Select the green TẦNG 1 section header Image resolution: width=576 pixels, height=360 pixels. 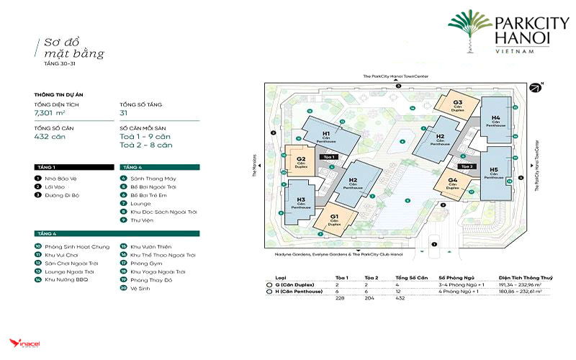click(x=72, y=166)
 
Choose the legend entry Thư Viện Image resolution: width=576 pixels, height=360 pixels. click(x=143, y=220)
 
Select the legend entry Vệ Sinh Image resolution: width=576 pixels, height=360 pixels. click(x=138, y=289)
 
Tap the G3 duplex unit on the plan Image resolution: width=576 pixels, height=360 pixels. click(x=458, y=104)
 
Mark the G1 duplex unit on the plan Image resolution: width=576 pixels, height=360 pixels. click(x=335, y=217)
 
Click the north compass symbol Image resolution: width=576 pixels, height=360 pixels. click(x=535, y=88)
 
